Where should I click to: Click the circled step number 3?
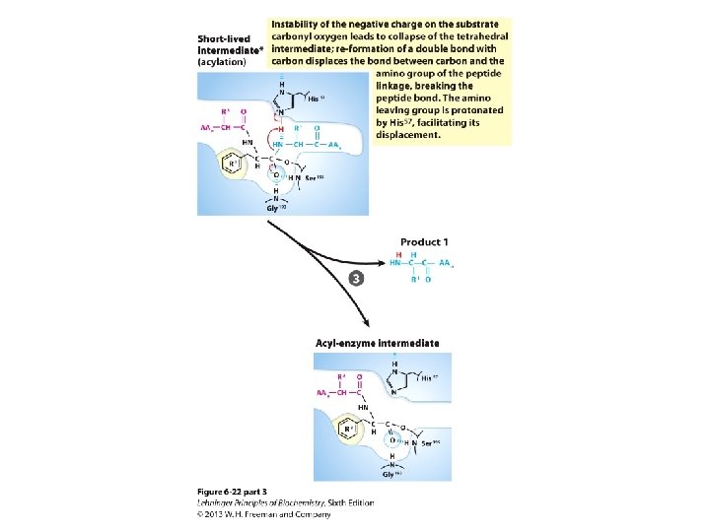click(x=355, y=278)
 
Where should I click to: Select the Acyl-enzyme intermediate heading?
click(x=377, y=343)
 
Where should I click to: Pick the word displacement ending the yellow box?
click(x=406, y=135)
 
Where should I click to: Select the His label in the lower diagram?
click(x=427, y=377)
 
